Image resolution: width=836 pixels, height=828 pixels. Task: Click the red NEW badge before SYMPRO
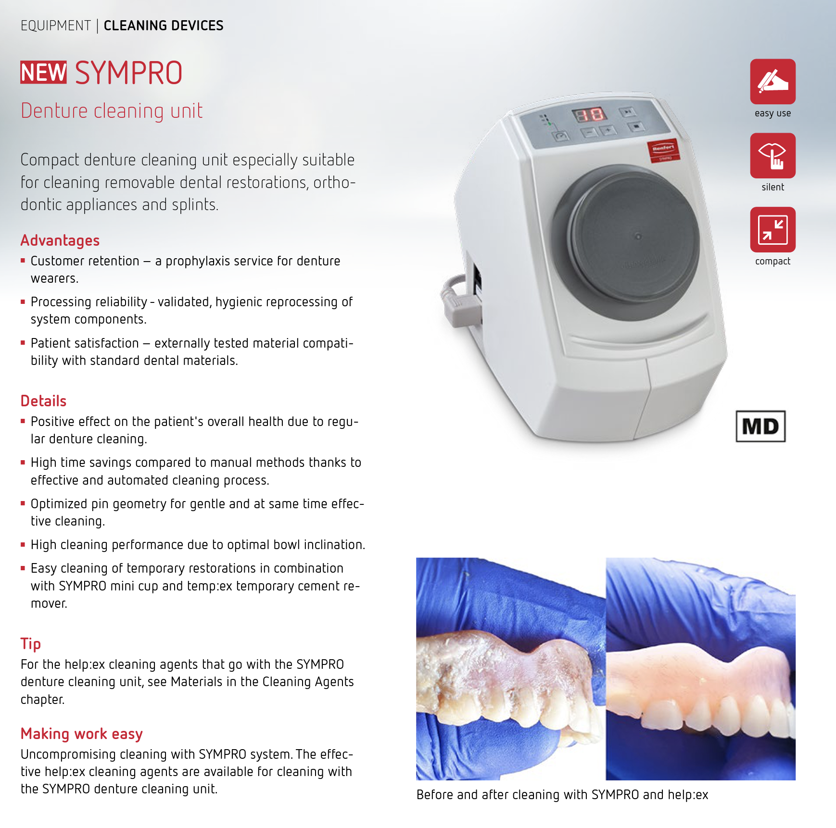pyautogui.click(x=43, y=72)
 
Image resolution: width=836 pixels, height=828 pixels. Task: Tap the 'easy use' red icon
pyautogui.click(x=773, y=82)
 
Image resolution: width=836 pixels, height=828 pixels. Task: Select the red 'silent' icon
pyautogui.click(x=773, y=156)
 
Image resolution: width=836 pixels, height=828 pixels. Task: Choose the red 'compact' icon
pyautogui.click(x=773, y=230)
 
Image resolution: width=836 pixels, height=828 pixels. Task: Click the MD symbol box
pyautogui.click(x=760, y=426)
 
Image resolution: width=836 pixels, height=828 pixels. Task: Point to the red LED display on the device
pyautogui.click(x=589, y=114)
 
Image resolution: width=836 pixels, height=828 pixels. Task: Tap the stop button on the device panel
pyautogui.click(x=637, y=126)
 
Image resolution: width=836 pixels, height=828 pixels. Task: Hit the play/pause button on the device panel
pyautogui.click(x=628, y=112)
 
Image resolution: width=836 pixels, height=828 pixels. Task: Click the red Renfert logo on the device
pyautogui.click(x=663, y=151)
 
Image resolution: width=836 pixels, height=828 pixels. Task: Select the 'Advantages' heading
pyautogui.click(x=60, y=240)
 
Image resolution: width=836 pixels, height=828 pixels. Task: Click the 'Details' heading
pyautogui.click(x=43, y=401)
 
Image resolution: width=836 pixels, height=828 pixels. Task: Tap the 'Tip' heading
pyautogui.click(x=31, y=643)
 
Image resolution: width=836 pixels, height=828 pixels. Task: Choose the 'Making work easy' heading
pyautogui.click(x=82, y=734)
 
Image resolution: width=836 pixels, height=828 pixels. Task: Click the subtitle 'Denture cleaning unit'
pyautogui.click(x=112, y=111)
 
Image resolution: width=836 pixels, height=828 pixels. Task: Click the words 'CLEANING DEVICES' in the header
pyautogui.click(x=164, y=25)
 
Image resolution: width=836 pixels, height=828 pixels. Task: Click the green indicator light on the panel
pyautogui.click(x=549, y=124)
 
